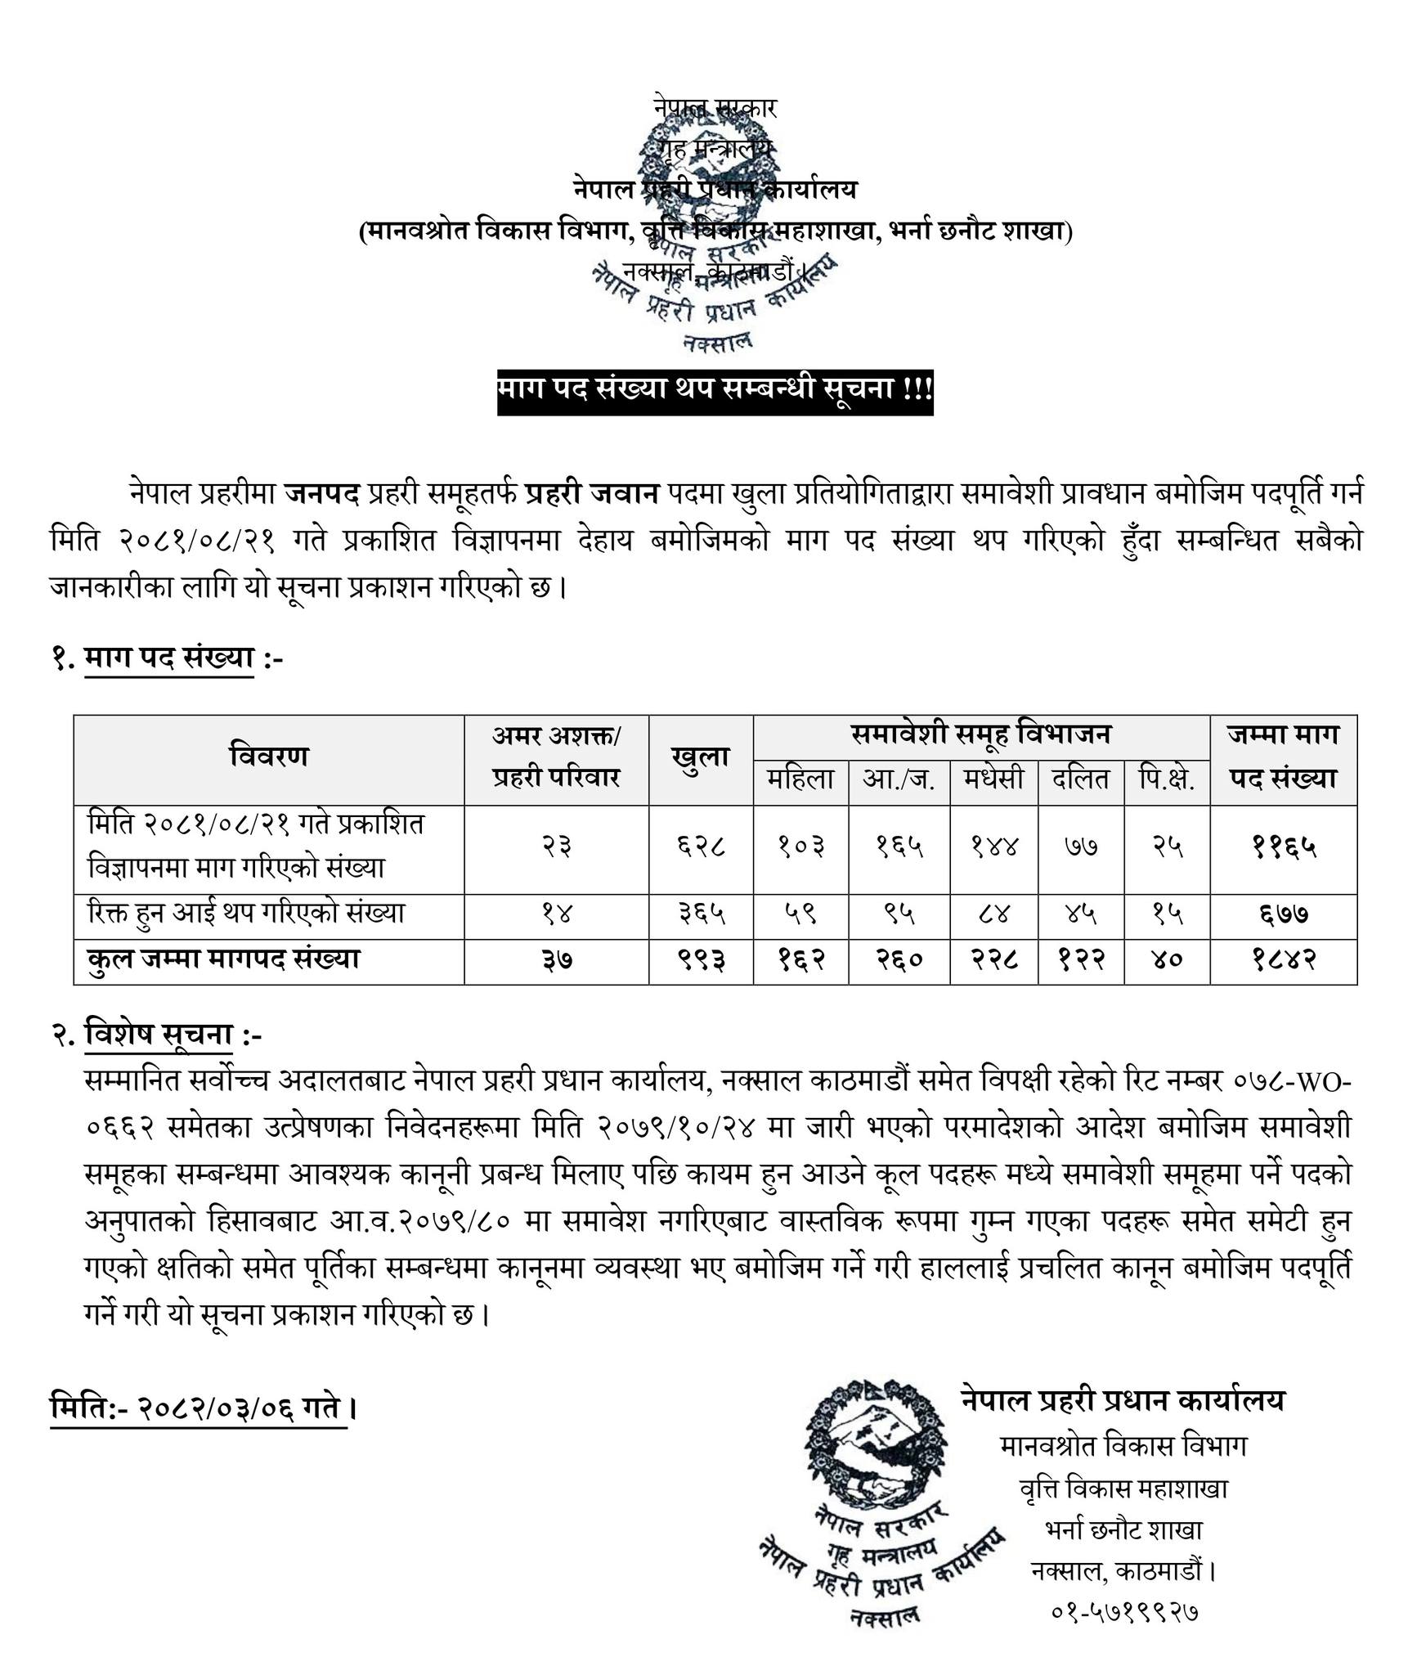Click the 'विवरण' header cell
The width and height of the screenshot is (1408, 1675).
[268, 757]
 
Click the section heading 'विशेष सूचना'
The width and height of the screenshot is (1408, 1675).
[159, 1035]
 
